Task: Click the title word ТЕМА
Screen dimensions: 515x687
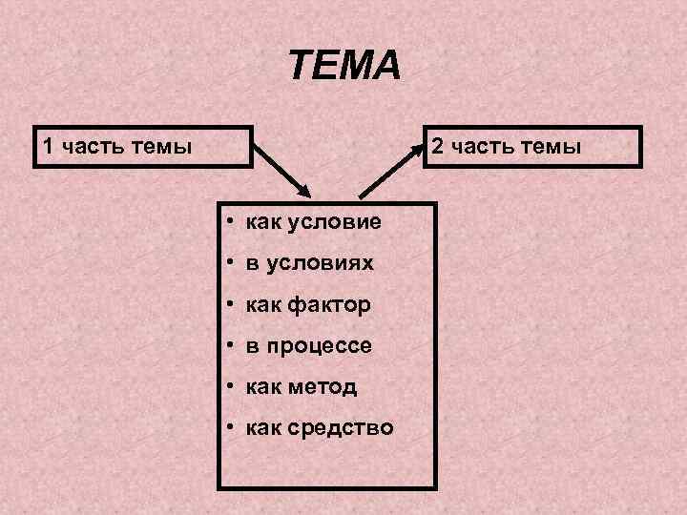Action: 345,67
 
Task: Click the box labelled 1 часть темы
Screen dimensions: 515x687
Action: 143,147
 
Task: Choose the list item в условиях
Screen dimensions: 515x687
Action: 309,262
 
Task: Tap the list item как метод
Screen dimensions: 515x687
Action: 301,386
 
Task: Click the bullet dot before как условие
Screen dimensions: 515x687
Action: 231,222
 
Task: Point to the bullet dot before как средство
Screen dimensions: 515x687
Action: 231,427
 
